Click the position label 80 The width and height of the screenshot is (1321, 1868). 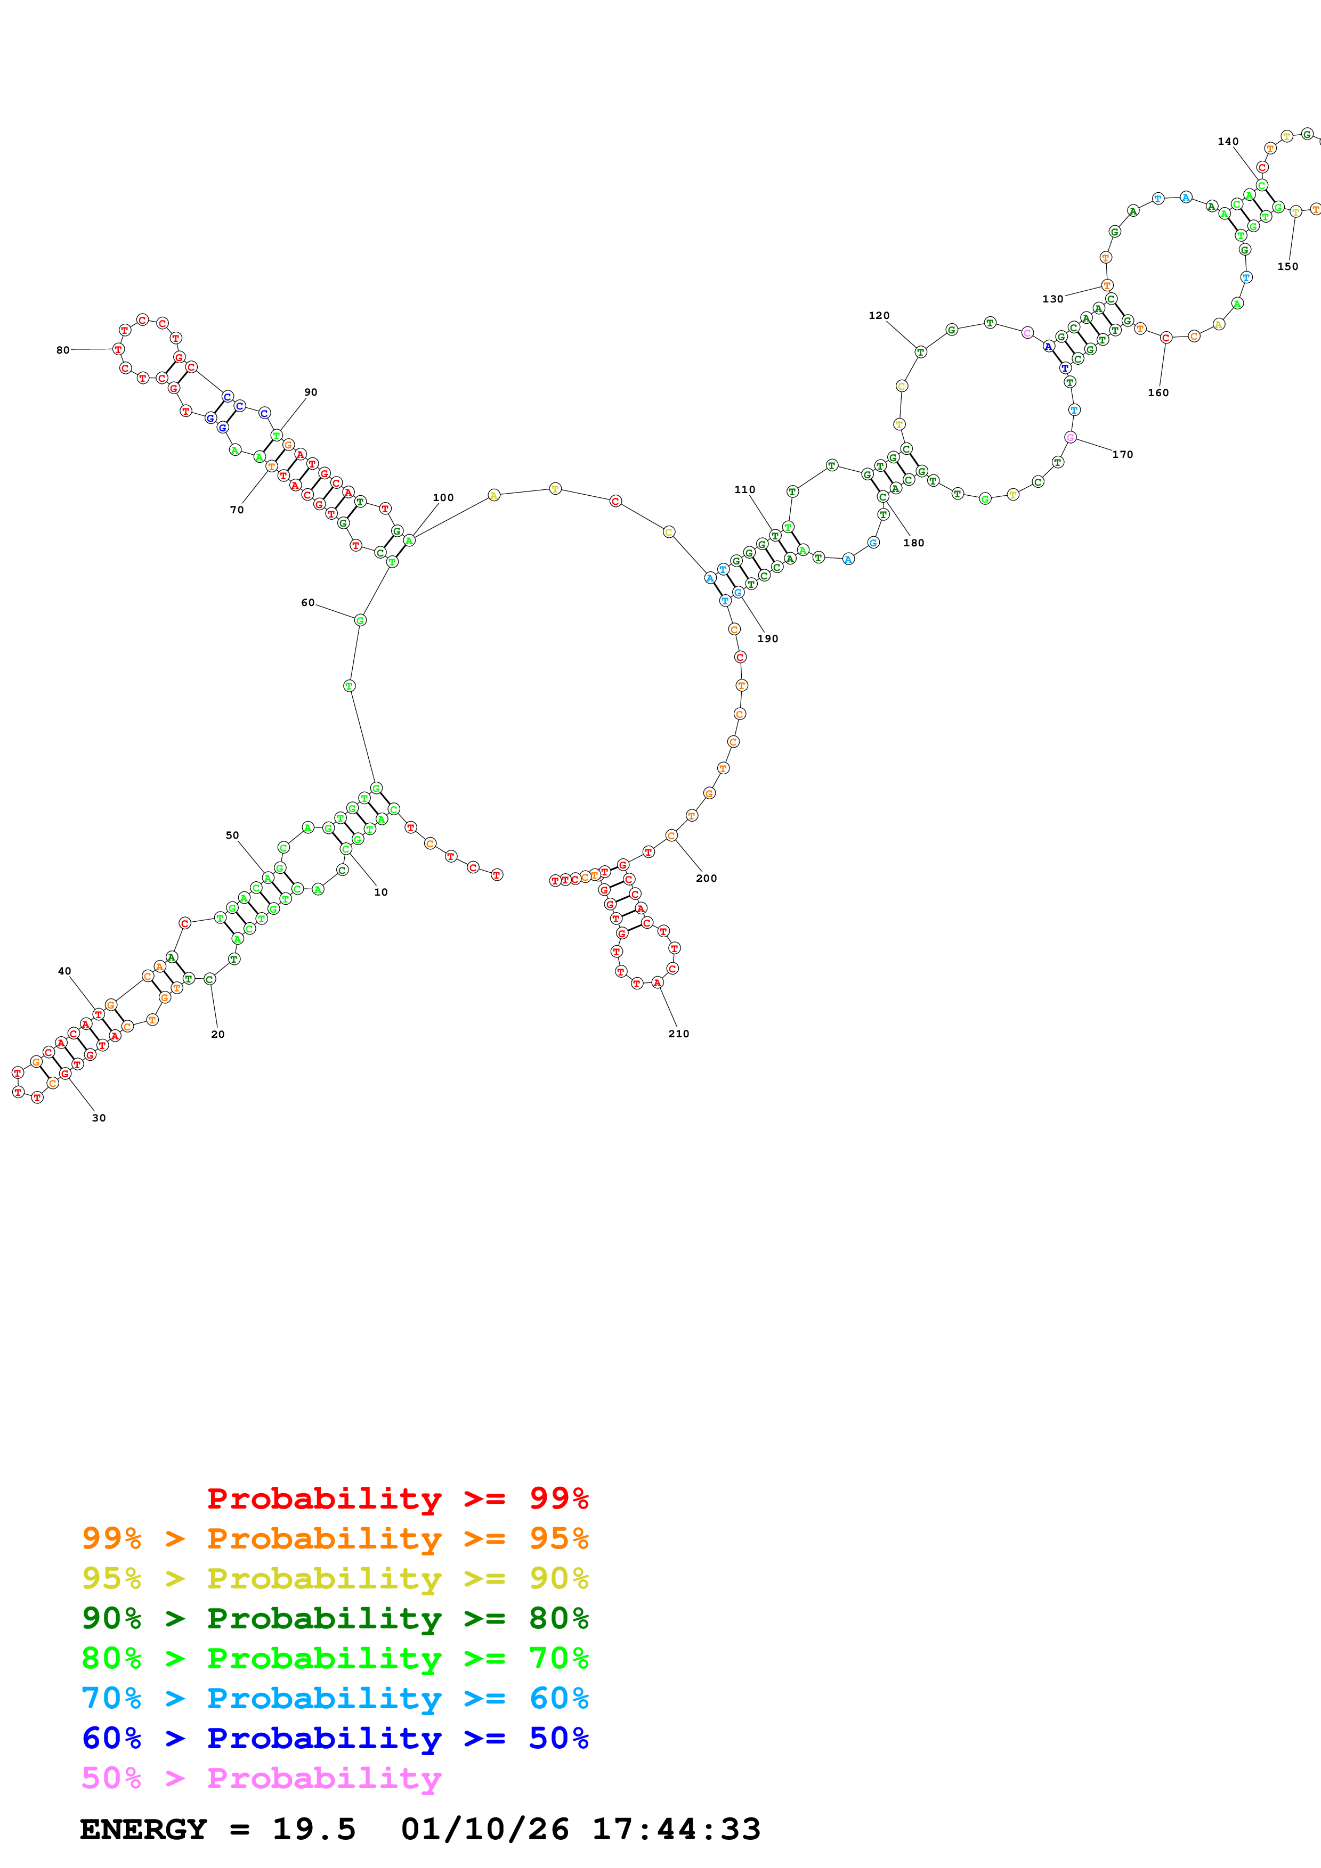point(63,350)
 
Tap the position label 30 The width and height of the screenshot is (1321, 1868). point(99,1118)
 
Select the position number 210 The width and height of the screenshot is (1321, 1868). point(678,1034)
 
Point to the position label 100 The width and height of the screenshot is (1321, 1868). point(443,498)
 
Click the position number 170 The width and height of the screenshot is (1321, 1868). point(1122,455)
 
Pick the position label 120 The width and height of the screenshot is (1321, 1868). point(879,316)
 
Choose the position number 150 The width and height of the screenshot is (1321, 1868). point(1287,267)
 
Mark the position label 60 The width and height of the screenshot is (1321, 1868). point(307,603)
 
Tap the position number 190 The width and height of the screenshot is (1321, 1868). point(767,638)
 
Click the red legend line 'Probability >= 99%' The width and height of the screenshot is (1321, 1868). point(397,1498)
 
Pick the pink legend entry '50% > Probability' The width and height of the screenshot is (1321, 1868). point(261,1779)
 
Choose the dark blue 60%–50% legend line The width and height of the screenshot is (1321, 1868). point(335,1739)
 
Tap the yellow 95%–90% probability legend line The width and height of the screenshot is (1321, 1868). point(335,1578)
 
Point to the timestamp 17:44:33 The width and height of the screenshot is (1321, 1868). point(676,1830)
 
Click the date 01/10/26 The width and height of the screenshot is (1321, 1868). point(484,1830)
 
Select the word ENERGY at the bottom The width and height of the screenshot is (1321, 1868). point(143,1830)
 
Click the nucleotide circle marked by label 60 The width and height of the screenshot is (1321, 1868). point(360,620)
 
